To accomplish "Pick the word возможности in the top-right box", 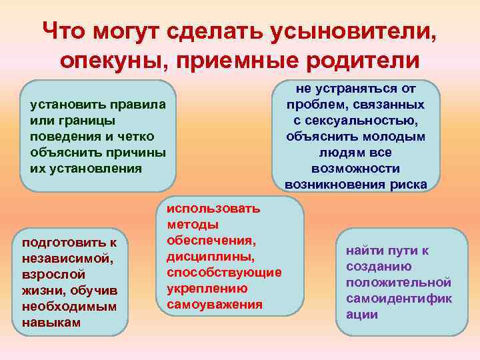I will coord(355,168).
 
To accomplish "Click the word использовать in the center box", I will coord(213,209).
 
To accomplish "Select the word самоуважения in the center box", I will coord(215,305).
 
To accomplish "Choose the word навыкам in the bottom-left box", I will coord(51,322).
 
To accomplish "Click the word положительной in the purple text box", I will coord(399,282).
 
